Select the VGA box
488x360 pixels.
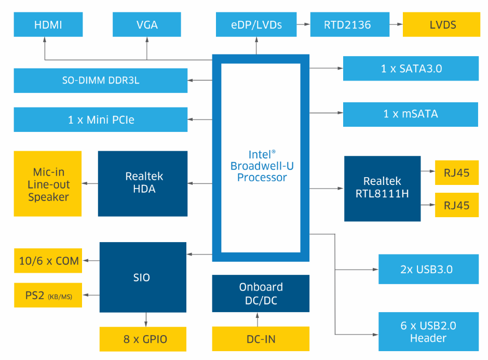click(147, 24)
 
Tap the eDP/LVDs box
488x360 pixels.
click(255, 24)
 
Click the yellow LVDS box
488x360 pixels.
click(441, 24)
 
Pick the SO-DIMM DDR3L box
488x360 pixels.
click(101, 81)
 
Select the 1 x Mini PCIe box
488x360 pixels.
click(101, 119)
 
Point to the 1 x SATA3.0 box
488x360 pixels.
click(410, 69)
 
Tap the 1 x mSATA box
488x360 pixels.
click(410, 114)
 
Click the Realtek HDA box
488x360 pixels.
click(143, 183)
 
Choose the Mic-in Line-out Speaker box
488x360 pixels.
click(48, 184)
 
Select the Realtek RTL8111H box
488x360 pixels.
click(382, 188)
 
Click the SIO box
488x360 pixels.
click(143, 277)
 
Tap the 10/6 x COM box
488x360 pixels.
click(48, 261)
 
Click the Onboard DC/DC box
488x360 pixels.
click(261, 293)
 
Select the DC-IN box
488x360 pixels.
click(261, 339)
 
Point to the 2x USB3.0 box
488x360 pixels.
click(428, 269)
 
